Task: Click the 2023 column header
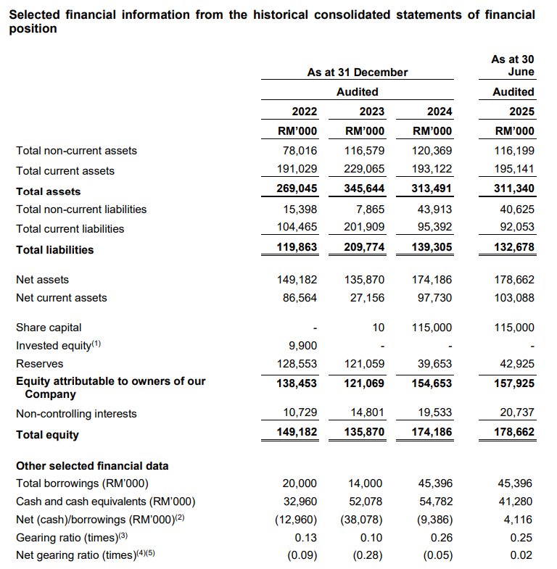[371, 111]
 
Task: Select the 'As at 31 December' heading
[357, 72]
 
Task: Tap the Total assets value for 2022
[298, 191]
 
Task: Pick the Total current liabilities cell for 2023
[366, 228]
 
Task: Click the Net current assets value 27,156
[366, 297]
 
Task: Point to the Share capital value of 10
[378, 328]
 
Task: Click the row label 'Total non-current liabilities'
[81, 209]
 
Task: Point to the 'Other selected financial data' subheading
[92, 465]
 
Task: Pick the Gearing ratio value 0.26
[442, 537]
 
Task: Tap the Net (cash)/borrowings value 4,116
[520, 519]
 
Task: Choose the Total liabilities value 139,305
[433, 249]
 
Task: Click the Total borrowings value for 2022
[301, 483]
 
